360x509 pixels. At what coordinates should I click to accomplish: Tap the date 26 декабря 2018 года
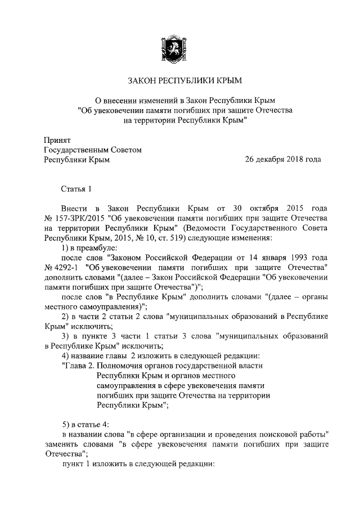(x=283, y=159)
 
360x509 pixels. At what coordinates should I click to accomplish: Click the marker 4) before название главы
(x=65, y=355)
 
